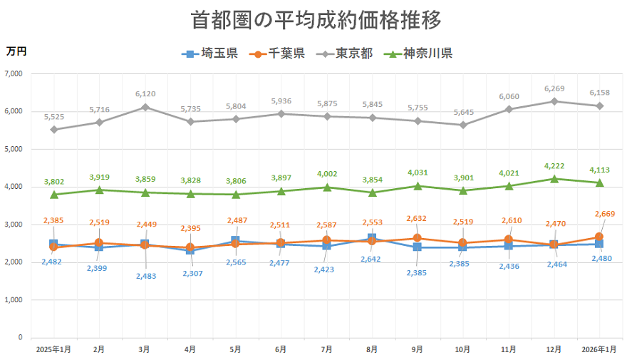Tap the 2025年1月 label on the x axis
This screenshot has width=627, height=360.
[53, 349]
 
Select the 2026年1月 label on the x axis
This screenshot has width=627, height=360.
[599, 349]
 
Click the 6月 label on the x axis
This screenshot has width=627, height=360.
[281, 349]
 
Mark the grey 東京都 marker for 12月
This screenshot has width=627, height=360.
[554, 101]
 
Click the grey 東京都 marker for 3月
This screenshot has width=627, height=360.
[145, 107]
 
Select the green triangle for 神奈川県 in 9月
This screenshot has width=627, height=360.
[418, 186]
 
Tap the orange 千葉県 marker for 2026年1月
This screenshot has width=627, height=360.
[599, 237]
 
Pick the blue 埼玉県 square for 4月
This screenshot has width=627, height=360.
[190, 250]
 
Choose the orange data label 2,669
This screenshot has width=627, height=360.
[609, 214]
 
